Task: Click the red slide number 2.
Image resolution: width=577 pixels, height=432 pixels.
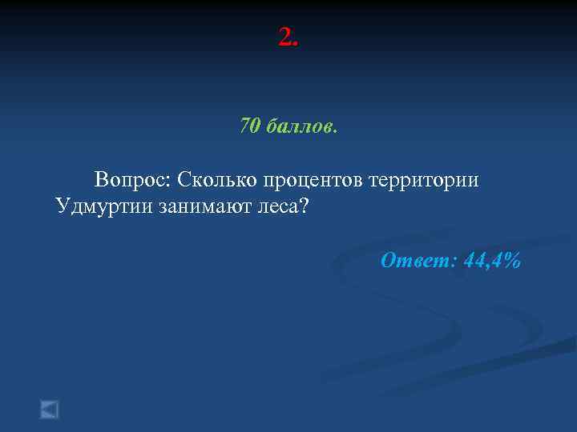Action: coord(284,37)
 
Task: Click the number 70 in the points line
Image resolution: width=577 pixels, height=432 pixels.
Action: coord(249,126)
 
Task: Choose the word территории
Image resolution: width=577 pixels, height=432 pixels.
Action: coord(424,180)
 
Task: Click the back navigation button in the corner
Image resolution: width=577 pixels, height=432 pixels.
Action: coord(50,410)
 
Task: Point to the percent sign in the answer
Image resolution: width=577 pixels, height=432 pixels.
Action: coord(513,260)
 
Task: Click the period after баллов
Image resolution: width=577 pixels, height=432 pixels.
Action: coord(335,130)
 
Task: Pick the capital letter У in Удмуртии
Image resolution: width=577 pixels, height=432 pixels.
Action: coord(63,206)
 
